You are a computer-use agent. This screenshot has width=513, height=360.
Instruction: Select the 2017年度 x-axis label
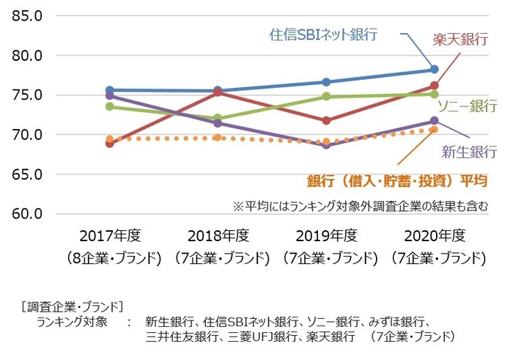coord(109,236)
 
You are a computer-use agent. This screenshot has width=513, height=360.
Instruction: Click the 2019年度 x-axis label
coord(325,236)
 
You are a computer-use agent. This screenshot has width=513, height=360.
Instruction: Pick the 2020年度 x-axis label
coord(434,236)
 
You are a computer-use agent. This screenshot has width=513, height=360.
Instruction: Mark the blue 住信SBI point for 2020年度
coord(434,70)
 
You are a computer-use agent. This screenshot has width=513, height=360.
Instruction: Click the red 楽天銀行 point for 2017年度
coord(110,144)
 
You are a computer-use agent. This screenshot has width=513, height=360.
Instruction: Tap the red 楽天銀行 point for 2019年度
coord(326,120)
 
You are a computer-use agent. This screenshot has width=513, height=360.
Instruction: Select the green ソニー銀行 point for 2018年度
coord(218,118)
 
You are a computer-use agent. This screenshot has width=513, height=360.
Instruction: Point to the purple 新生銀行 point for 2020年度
coord(434,121)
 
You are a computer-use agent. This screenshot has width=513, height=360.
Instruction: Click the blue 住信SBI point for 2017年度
coord(110,90)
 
